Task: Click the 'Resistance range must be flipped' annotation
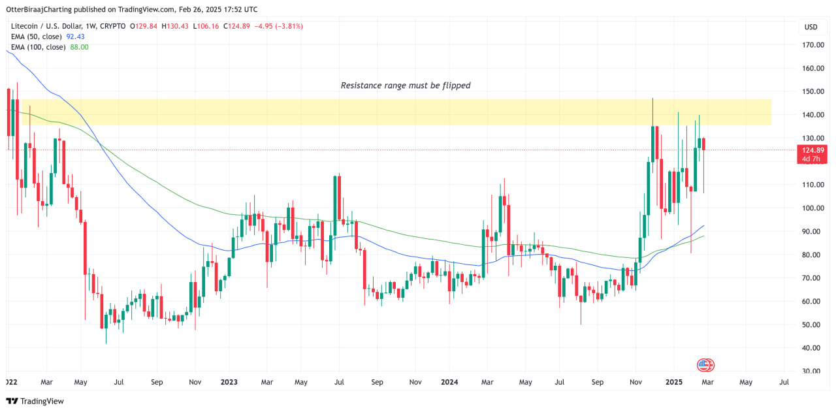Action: click(405, 86)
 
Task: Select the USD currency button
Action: click(811, 27)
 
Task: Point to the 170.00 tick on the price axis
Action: click(813, 45)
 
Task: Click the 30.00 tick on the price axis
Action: click(813, 372)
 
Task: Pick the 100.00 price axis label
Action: click(813, 208)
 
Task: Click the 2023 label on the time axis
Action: click(229, 381)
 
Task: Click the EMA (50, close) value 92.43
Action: click(76, 37)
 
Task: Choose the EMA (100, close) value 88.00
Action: click(79, 47)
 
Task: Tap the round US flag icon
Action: click(704, 365)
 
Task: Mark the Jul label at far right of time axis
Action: click(784, 381)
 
